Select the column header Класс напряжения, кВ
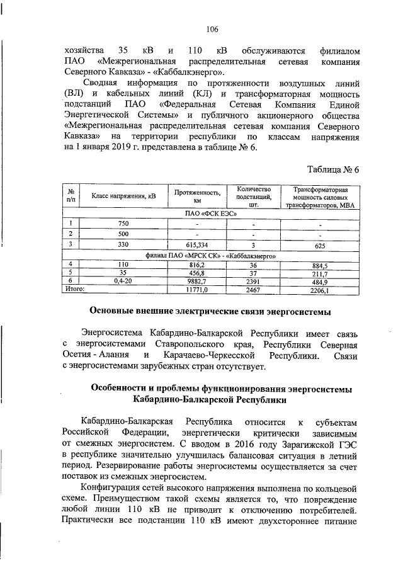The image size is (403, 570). pyautogui.click(x=123, y=197)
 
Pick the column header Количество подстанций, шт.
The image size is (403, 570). pyautogui.click(x=254, y=197)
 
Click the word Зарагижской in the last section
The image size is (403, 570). pyautogui.click(x=285, y=444)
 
